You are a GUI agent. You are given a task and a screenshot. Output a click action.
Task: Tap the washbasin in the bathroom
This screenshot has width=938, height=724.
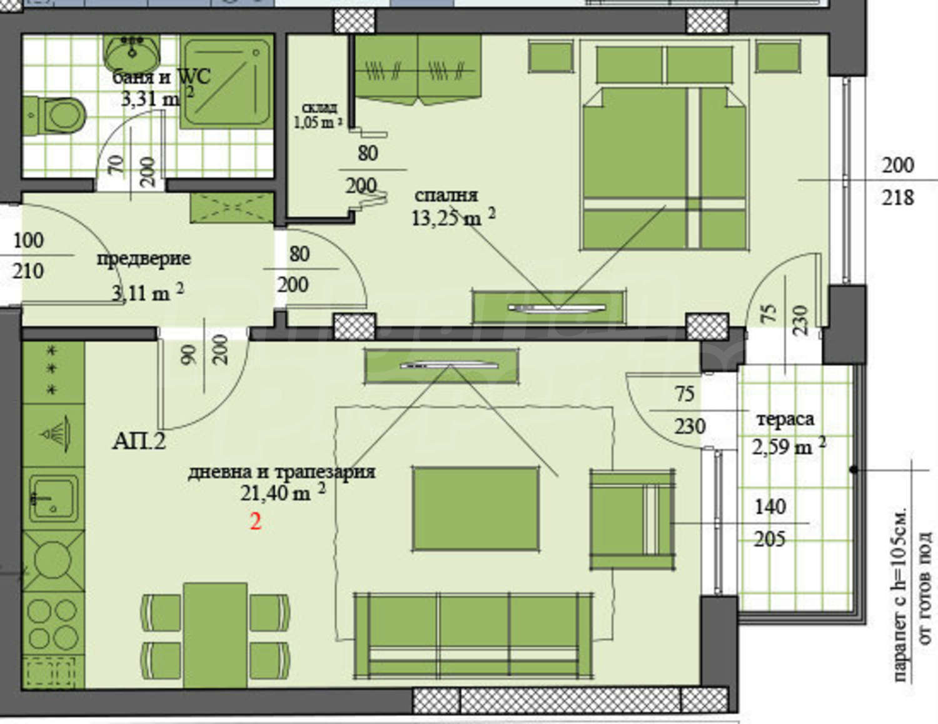pyautogui.click(x=133, y=53)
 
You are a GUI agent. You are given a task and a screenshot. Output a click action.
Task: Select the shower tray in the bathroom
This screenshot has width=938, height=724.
pyautogui.click(x=226, y=82)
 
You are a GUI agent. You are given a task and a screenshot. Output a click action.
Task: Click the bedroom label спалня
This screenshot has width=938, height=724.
pyautogui.click(x=446, y=195)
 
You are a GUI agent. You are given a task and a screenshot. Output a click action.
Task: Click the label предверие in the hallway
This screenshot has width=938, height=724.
pyautogui.click(x=144, y=259)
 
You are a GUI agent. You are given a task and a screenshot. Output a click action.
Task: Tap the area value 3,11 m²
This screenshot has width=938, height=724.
pyautogui.click(x=148, y=292)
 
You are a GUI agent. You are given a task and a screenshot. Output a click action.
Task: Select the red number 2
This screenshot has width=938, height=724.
pyautogui.click(x=256, y=522)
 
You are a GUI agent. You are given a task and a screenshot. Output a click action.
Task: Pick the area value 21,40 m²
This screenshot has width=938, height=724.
pyautogui.click(x=283, y=493)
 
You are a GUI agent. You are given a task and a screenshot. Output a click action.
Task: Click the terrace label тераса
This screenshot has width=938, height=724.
pyautogui.click(x=785, y=419)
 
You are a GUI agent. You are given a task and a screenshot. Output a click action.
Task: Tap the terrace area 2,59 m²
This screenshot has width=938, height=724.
pyautogui.click(x=789, y=446)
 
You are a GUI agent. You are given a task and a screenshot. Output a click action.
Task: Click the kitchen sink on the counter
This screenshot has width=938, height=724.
pyautogui.click(x=54, y=499)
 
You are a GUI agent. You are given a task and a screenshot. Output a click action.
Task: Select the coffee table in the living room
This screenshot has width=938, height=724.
pyautogui.click(x=476, y=509)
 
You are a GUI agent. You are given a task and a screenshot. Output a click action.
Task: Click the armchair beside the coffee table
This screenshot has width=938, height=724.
pyautogui.click(x=632, y=519)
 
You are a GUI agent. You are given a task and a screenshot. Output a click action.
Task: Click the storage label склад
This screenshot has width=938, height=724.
pyautogui.click(x=320, y=108)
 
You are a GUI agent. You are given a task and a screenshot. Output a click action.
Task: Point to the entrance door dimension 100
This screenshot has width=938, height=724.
pyautogui.click(x=29, y=240)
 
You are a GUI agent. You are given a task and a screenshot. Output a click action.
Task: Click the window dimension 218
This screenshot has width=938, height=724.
pyautogui.click(x=898, y=198)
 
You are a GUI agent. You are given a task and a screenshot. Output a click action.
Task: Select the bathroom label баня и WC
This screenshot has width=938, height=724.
pyautogui.click(x=161, y=78)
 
